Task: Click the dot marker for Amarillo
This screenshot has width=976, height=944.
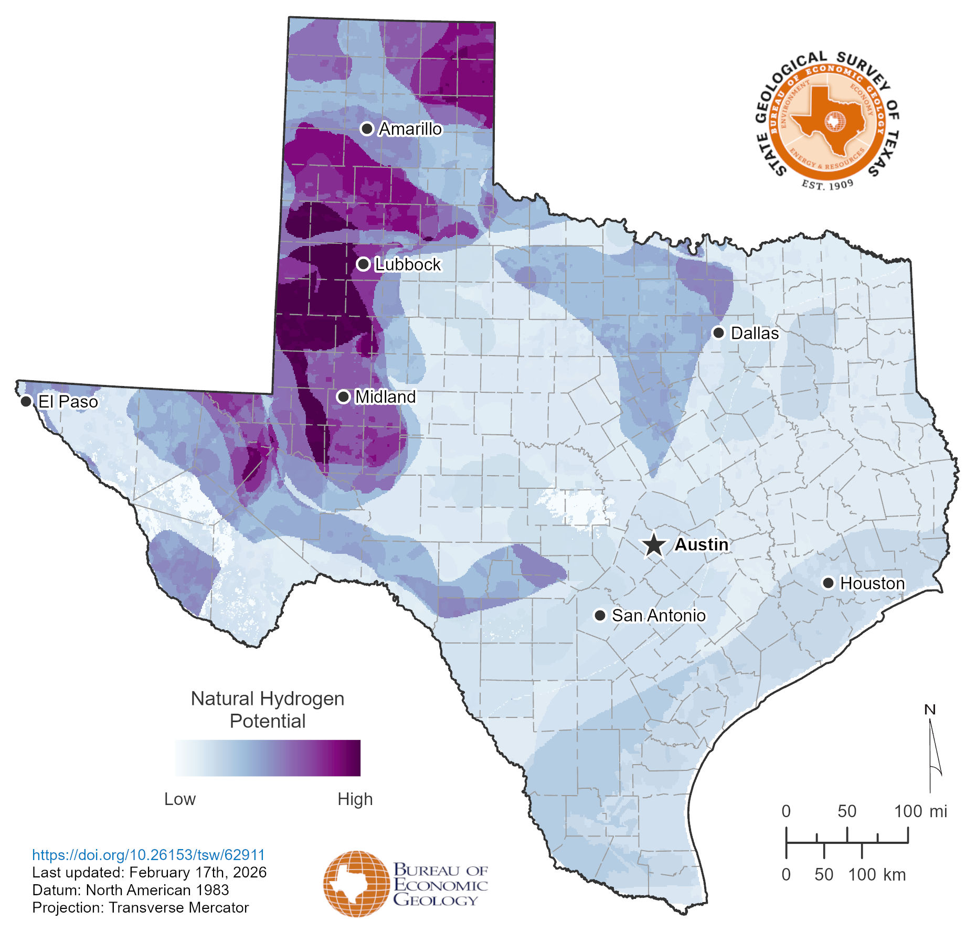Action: click(x=367, y=128)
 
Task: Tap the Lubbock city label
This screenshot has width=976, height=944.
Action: click(x=408, y=264)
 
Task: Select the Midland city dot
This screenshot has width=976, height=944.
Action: click(x=343, y=396)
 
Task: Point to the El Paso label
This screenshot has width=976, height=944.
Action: click(x=68, y=402)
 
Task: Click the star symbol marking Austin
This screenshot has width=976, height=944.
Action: click(x=654, y=545)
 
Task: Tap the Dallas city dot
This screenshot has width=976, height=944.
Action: click(x=718, y=332)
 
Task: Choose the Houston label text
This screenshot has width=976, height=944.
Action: click(x=872, y=583)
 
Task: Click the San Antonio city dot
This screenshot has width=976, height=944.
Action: click(x=600, y=615)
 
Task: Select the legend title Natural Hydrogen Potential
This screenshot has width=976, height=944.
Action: click(x=268, y=710)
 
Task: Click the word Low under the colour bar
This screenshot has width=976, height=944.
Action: click(x=179, y=799)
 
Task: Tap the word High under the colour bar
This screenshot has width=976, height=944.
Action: click(x=355, y=799)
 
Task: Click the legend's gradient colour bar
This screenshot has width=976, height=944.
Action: click(x=268, y=758)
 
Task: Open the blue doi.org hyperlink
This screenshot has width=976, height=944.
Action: click(x=148, y=855)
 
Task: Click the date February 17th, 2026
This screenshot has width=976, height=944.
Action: click(x=198, y=872)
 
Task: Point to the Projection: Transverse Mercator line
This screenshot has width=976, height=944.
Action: click(x=140, y=907)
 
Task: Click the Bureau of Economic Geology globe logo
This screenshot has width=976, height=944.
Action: click(x=349, y=884)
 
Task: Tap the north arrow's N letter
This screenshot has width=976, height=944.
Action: click(x=929, y=710)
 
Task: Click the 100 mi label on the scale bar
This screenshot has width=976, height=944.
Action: click(x=920, y=811)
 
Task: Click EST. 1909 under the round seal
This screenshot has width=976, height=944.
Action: click(x=828, y=185)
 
